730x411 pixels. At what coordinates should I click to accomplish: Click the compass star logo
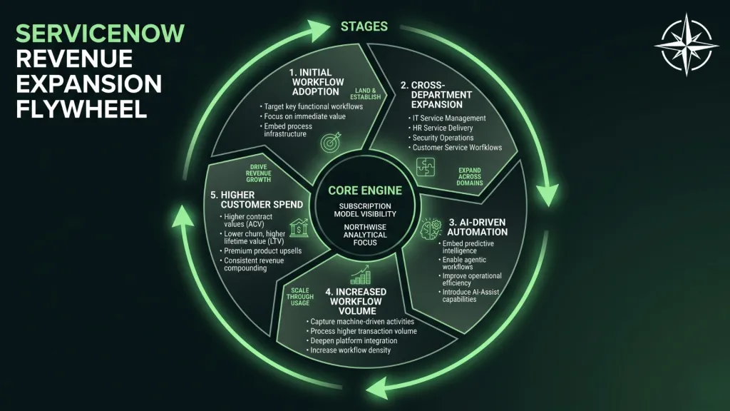pos(687,45)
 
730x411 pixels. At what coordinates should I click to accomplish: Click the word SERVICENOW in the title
pos(100,34)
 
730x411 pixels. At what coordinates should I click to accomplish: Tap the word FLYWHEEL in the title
pos(81,109)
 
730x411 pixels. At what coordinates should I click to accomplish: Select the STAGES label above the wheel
pos(364,26)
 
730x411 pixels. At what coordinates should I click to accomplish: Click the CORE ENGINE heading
pos(365,191)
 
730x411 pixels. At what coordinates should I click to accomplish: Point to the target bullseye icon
pos(331,142)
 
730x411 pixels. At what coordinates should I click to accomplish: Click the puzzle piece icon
pos(426,167)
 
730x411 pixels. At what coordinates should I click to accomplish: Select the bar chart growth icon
pos(361,275)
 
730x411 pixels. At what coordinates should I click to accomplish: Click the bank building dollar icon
pos(299,228)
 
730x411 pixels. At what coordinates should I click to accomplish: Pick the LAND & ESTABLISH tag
pos(366,93)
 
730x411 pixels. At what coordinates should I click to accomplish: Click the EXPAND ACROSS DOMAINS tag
pos(469,177)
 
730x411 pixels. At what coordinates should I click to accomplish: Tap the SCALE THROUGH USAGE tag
pos(300,297)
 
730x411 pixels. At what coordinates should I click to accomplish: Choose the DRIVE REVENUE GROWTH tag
pos(258,173)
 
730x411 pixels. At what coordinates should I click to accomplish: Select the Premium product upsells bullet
pos(261,250)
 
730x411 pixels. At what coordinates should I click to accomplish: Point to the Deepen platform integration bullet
pos(352,340)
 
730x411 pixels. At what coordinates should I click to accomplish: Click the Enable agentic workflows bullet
pos(462,263)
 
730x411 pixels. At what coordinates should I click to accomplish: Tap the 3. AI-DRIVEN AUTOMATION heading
pos(477,227)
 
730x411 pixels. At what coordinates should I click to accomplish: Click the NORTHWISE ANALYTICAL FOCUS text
pos(365,235)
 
